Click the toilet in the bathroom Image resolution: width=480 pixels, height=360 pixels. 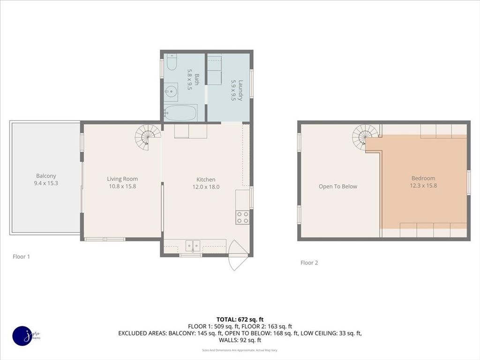point(172,62)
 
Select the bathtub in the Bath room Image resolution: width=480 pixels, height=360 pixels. point(181,113)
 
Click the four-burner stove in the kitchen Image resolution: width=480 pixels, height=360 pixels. point(242,217)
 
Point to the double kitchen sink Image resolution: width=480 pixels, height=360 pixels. point(193,245)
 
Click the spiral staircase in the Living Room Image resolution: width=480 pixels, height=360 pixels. point(147,137)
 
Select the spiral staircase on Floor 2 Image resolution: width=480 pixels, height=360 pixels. point(365,136)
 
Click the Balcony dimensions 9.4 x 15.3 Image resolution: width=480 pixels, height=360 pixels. point(46,183)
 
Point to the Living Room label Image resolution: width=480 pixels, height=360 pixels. point(122,179)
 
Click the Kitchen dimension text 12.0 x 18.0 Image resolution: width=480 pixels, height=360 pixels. point(206,187)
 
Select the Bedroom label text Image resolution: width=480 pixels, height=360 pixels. point(423,178)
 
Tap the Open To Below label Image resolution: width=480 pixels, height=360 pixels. point(337,187)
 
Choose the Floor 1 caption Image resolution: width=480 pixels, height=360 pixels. point(22,256)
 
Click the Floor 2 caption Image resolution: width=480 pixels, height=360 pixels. point(309,262)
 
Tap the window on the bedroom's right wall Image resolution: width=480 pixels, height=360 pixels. point(468,182)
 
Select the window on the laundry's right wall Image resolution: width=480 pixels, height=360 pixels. point(251,83)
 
